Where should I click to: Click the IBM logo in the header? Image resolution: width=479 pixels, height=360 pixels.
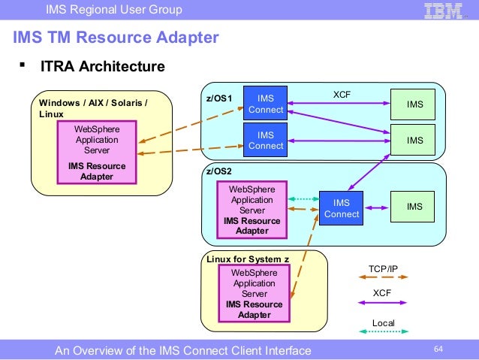click(x=444, y=11)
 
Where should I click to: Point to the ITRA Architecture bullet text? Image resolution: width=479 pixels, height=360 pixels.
click(x=102, y=67)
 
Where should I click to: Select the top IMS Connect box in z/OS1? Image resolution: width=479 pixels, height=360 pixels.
click(x=266, y=104)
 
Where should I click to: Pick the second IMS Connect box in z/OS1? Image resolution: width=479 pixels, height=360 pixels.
click(x=266, y=141)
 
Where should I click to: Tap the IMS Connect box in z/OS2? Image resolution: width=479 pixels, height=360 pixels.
click(x=342, y=208)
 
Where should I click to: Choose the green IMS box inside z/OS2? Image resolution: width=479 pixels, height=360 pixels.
click(x=414, y=207)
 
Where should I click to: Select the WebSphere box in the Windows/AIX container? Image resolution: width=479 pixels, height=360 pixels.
click(x=97, y=153)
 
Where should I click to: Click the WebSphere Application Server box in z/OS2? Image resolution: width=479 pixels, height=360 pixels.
click(x=252, y=210)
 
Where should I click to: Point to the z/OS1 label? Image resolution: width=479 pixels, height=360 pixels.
click(x=219, y=98)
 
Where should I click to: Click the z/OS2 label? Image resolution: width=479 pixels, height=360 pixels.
click(x=219, y=172)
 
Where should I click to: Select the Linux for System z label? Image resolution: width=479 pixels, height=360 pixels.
click(x=248, y=259)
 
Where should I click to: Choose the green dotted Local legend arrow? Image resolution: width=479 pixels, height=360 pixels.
click(x=383, y=336)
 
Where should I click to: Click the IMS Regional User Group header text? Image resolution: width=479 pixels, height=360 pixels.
click(x=113, y=10)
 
